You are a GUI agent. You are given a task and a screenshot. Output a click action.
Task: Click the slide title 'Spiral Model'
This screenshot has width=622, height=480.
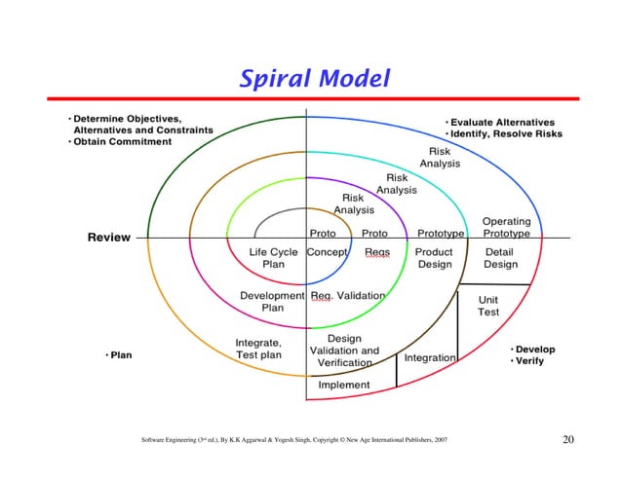click(x=314, y=77)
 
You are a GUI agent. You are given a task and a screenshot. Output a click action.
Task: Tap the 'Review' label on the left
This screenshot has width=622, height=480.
click(x=109, y=238)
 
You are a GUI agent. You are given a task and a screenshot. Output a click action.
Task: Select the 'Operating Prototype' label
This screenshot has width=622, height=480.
click(x=506, y=228)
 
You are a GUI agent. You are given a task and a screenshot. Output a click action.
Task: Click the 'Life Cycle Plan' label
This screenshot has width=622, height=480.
click(x=273, y=258)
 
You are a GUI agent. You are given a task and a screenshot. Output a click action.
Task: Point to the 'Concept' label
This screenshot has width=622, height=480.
click(x=328, y=252)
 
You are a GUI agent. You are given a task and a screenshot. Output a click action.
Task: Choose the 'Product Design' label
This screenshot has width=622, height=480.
click(x=434, y=258)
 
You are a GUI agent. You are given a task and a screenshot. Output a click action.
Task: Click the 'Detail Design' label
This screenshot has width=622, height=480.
click(x=501, y=258)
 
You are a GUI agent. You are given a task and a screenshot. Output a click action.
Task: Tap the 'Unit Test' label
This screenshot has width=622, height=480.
click(x=488, y=306)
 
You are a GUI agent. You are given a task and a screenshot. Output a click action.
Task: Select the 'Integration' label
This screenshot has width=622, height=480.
click(x=430, y=358)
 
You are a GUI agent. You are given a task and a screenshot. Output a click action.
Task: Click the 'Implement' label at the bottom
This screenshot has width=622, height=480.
click(x=344, y=385)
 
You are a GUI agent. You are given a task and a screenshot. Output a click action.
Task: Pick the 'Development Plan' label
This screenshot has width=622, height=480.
click(x=272, y=301)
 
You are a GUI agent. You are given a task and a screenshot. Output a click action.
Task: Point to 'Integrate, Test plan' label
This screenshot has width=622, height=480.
click(x=258, y=349)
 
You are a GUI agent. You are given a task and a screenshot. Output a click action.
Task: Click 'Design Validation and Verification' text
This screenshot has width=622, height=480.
click(x=344, y=351)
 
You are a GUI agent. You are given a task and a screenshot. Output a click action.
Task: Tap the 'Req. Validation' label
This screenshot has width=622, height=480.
click(x=347, y=295)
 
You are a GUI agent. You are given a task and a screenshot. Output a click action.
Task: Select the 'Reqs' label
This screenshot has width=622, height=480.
click(x=377, y=252)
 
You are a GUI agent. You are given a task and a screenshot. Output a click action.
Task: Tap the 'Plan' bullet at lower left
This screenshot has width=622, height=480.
click(x=120, y=355)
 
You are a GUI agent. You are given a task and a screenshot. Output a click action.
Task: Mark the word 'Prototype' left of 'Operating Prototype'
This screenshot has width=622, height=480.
click(x=440, y=234)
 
